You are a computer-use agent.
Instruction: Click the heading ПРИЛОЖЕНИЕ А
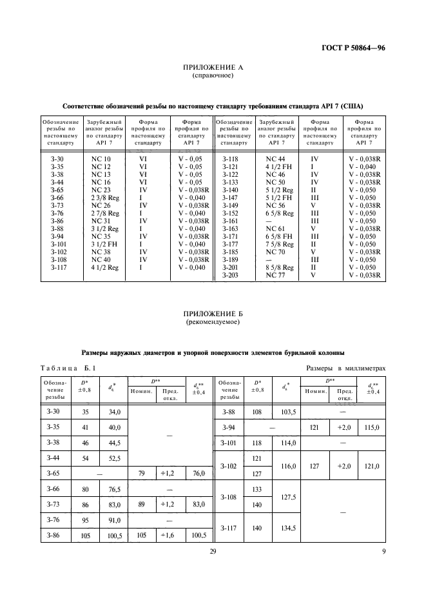[213, 67]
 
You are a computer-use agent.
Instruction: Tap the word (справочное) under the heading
[213, 75]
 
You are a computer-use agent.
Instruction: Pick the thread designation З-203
[231, 275]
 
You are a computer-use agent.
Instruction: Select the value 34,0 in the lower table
[114, 412]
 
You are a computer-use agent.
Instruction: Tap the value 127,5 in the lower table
[284, 497]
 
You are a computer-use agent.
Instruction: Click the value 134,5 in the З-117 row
[284, 528]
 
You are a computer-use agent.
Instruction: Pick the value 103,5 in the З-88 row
[284, 412]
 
